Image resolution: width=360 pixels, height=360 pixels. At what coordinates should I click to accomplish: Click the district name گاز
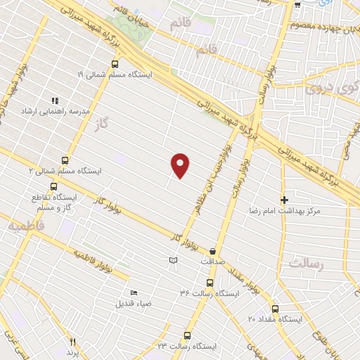102,124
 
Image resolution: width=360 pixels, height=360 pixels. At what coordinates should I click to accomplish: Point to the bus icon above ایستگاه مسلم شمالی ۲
65,160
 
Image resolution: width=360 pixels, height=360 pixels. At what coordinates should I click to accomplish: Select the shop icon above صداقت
212,250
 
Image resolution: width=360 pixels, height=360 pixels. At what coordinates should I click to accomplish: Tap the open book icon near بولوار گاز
173,261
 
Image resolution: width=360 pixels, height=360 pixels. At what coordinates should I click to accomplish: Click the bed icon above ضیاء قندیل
134,293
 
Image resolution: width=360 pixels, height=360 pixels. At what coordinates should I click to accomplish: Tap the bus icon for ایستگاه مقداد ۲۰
274,309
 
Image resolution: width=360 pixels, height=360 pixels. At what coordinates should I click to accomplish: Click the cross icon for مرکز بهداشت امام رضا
284,200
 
